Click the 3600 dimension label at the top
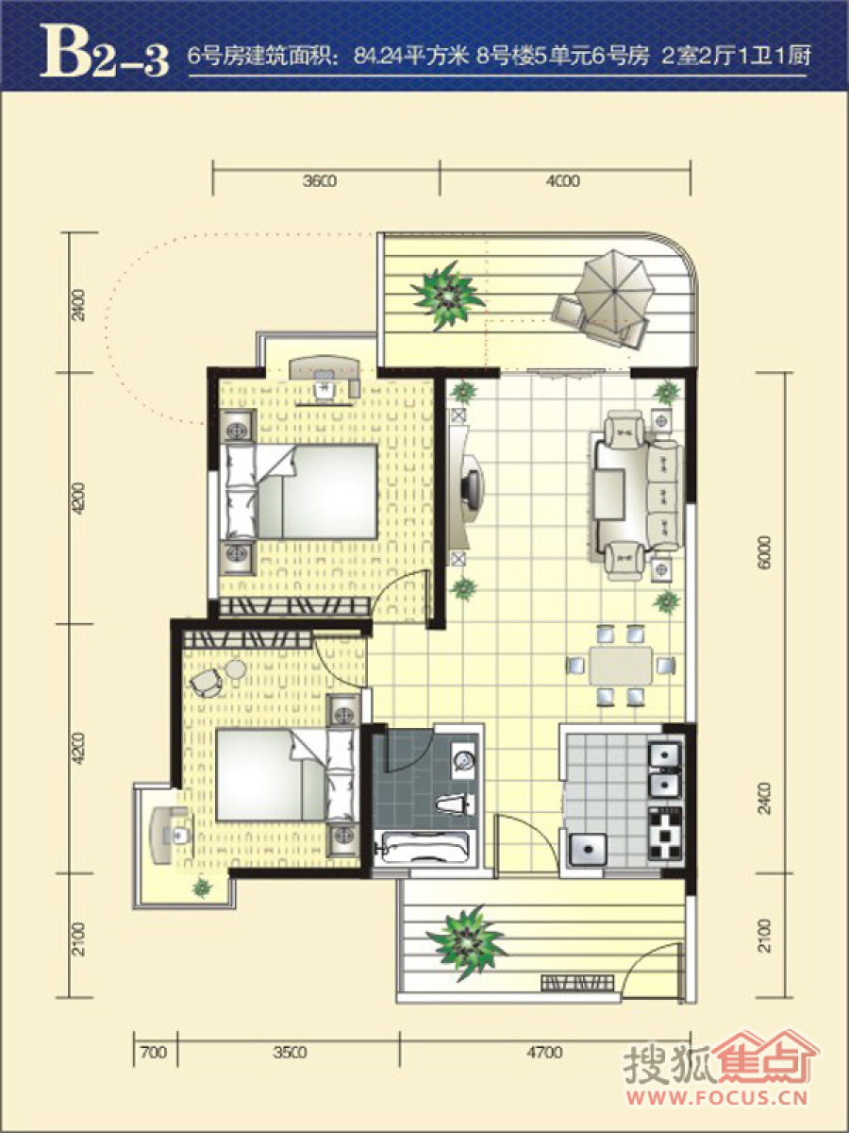point(320,181)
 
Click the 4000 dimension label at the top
point(563,181)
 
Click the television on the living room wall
point(469,483)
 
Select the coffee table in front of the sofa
point(608,487)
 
